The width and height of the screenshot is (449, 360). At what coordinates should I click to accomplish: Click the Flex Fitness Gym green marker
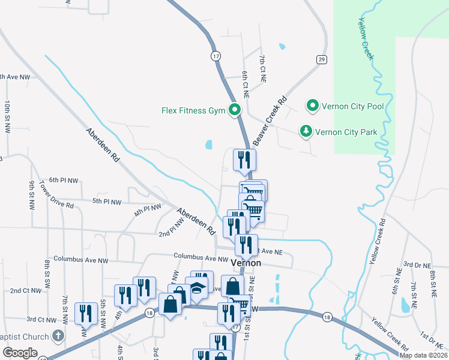coord(235,110)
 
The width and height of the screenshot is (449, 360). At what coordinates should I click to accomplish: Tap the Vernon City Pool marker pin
coord(312,107)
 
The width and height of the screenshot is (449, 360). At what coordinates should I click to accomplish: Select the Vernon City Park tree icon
coord(306,131)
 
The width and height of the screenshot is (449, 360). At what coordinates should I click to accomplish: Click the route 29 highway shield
coord(322,59)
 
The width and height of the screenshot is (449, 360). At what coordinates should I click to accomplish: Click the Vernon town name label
coord(244,263)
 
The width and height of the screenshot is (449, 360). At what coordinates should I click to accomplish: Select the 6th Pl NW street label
coord(64,180)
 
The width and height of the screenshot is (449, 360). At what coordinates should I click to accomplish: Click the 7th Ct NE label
coord(262,68)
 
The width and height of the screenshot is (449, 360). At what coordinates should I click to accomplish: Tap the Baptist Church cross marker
coord(58,336)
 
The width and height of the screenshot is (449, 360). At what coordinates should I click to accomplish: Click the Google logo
coord(20,353)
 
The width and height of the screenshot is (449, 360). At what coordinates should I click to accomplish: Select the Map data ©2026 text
coord(423,355)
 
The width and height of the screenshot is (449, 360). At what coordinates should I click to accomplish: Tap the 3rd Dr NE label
coord(417,264)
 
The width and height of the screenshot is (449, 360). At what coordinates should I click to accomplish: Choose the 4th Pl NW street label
coord(148,211)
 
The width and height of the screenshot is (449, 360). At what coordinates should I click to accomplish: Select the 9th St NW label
coord(32,195)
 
